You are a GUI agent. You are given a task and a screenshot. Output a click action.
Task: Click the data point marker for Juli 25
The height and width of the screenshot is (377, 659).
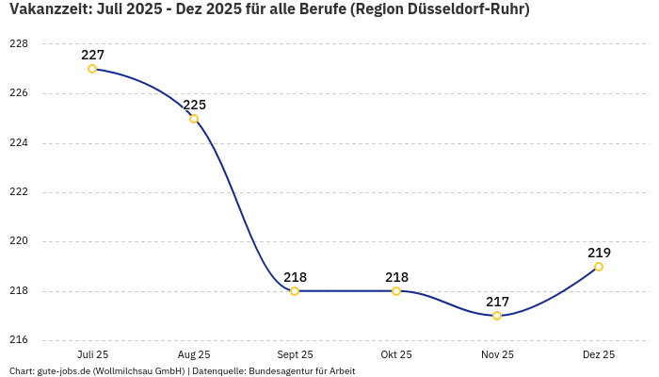click(92, 69)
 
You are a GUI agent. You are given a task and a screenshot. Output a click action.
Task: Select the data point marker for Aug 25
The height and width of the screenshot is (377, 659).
click(194, 119)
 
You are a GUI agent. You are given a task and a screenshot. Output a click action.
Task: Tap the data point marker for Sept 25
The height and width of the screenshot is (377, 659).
click(295, 291)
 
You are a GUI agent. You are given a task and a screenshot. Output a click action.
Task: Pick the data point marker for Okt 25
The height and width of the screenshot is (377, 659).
click(396, 291)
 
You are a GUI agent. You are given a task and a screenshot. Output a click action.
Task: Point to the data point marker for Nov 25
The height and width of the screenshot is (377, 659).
click(497, 316)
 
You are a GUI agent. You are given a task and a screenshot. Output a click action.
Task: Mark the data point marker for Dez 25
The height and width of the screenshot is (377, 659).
click(599, 267)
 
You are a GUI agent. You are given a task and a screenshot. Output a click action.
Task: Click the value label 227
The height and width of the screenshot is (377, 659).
click(92, 55)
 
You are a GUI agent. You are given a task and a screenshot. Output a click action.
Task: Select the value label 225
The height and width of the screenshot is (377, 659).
click(194, 105)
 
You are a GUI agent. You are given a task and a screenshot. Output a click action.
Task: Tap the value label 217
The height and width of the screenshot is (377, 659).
click(497, 302)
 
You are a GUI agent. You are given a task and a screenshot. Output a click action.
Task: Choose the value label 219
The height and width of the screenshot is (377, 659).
click(599, 253)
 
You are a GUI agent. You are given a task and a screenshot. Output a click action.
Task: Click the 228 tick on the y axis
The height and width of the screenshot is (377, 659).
click(18, 44)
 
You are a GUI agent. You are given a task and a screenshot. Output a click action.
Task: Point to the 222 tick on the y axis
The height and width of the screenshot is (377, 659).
click(18, 192)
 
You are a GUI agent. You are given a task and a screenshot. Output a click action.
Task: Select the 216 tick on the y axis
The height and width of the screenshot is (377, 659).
click(18, 340)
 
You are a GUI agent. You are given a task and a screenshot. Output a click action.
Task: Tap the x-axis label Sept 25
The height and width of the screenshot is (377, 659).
click(295, 354)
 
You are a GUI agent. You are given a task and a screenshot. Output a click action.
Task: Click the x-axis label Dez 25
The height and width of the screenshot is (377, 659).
click(599, 354)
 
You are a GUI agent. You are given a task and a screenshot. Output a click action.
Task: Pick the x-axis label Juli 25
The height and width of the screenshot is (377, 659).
click(92, 354)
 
